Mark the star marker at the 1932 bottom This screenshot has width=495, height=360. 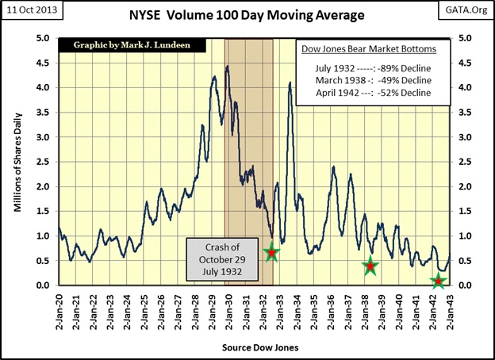tap(271, 253)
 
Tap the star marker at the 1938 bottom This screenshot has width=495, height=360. tap(370, 267)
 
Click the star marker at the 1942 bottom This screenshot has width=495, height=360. tap(438, 281)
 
